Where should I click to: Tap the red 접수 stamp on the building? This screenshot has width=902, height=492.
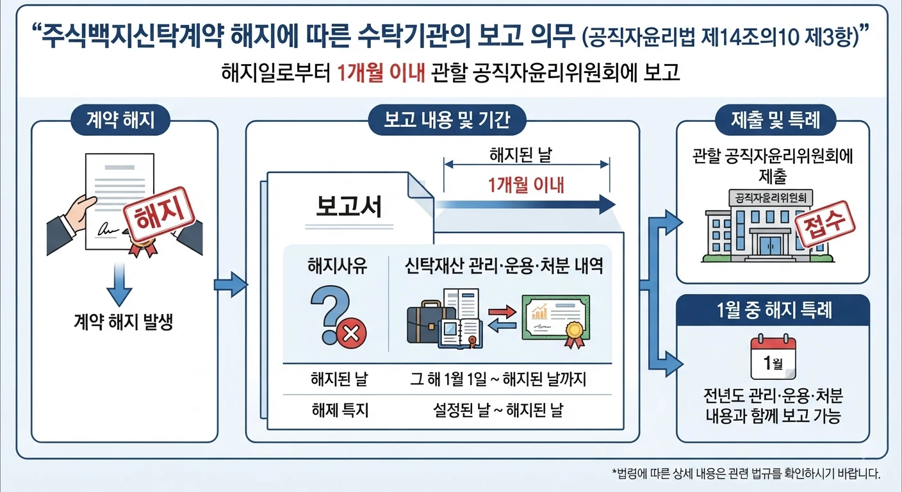824,224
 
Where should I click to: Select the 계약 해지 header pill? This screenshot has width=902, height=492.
120,120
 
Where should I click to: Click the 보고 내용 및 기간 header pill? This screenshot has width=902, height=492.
447,120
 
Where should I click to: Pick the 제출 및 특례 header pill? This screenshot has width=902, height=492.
775,120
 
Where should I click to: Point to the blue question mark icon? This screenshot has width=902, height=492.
329,314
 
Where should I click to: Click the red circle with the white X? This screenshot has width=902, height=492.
351,333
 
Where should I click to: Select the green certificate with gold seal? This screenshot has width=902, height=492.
556,321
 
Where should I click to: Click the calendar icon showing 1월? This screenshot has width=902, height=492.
773,357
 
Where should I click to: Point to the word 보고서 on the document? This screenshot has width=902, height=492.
348,206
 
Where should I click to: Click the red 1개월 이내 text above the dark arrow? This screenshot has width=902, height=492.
526,185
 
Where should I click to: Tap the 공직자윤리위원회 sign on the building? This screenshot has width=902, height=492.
771,198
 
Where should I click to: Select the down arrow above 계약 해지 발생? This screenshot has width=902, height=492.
119,284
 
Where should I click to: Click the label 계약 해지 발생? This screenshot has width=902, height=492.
124,322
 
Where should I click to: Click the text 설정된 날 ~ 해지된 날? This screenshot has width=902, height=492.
498,410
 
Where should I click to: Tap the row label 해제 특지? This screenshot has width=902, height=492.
340,410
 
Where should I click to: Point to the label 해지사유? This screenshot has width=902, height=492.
338,266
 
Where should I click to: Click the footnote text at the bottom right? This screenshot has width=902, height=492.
746,473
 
